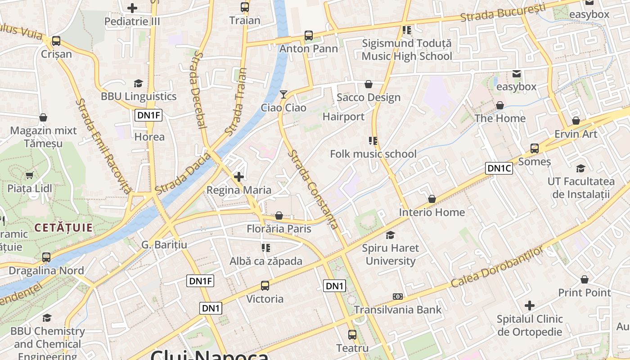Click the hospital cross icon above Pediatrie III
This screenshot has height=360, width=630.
(x=132, y=8)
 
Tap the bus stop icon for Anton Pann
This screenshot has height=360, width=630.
(x=308, y=35)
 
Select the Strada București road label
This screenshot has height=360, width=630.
(x=503, y=13)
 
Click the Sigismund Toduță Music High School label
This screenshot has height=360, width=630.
(x=407, y=50)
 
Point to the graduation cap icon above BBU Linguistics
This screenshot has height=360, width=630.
(x=138, y=83)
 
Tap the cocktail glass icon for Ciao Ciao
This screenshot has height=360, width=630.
(x=283, y=94)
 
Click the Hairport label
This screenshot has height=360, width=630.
(x=343, y=117)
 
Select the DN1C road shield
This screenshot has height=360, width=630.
(x=499, y=168)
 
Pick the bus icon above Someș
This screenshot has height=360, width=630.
(x=534, y=148)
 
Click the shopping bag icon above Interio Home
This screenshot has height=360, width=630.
(x=432, y=198)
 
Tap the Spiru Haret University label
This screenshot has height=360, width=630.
(x=390, y=254)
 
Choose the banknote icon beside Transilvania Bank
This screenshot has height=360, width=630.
(x=397, y=296)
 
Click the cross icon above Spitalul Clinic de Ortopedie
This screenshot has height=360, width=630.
(x=530, y=306)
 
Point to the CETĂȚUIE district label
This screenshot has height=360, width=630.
(x=63, y=228)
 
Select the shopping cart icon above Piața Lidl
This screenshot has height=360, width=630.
(x=30, y=175)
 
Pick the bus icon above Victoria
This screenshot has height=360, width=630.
(x=265, y=285)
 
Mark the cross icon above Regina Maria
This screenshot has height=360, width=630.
(x=239, y=176)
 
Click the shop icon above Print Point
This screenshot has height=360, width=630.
(x=584, y=279)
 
